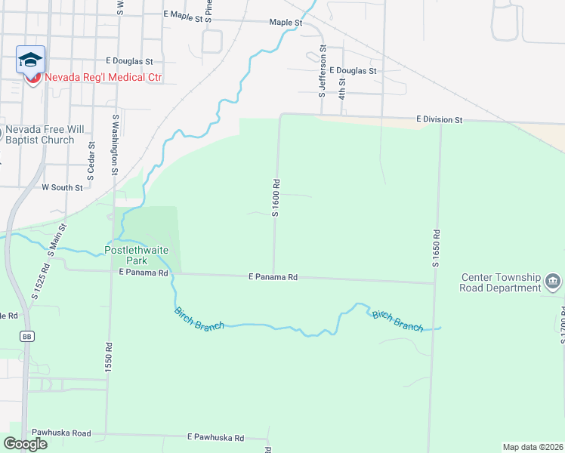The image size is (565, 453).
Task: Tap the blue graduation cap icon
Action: coord(31,60)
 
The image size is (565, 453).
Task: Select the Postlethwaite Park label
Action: coord(136,255)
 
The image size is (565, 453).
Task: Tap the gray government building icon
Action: coord(553,282)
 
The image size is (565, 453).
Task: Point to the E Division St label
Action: coord(438,120)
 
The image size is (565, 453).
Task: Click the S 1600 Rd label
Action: coord(276,198)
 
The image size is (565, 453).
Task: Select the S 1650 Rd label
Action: coord(436,250)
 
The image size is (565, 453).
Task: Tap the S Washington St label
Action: coord(116,144)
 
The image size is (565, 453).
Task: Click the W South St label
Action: coord(62,186)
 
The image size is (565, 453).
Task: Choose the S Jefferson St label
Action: coord(323,72)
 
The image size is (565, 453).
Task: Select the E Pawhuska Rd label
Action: coord(216,438)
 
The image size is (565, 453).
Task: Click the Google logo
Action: coord(26,443)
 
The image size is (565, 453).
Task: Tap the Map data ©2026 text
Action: coord(533,446)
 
